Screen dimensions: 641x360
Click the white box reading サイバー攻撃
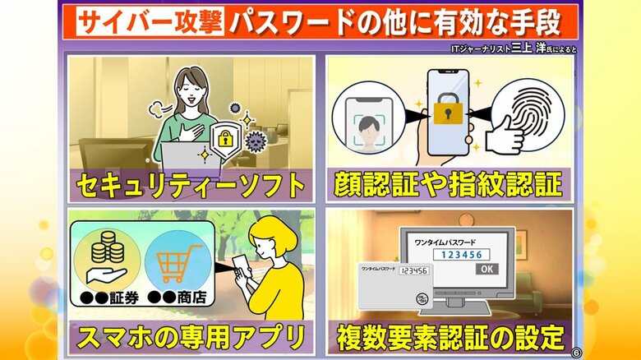pos(150,21)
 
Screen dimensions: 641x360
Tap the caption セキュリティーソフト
pos(191,186)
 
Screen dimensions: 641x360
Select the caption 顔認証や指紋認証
pos(448,184)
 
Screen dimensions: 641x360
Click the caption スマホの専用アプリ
pos(191,338)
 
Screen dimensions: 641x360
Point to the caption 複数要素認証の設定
pos(450,338)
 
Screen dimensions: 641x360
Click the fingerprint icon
pos(533,113)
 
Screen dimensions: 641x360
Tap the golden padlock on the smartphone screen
pos(448,108)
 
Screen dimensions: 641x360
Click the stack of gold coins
pos(108,247)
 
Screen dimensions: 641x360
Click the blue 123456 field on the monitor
pos(462,255)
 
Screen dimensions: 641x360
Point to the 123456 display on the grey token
pos(414,270)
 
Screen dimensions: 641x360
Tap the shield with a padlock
pos(226,139)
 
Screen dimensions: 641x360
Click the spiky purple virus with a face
pos(256,141)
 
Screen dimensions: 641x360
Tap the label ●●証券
pos(109,298)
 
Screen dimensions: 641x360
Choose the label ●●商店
pos(177,298)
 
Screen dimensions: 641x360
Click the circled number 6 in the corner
pos(576,353)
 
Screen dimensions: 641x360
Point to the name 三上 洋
pos(528,48)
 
